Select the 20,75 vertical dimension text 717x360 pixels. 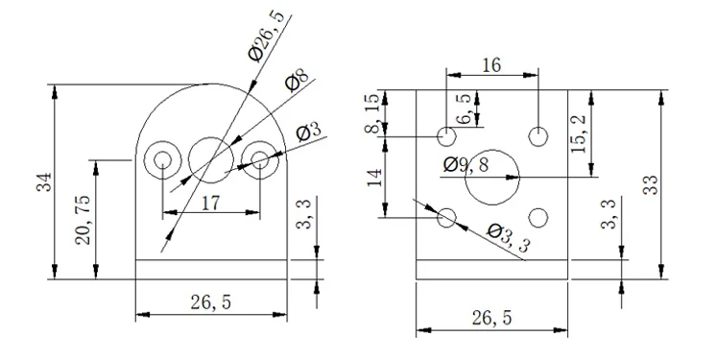[84, 220]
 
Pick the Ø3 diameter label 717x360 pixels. [309, 132]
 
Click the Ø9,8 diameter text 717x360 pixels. [466, 164]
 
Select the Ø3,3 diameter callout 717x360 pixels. [508, 236]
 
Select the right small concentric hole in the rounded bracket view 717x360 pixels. [259, 159]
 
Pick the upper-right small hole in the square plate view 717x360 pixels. [538, 136]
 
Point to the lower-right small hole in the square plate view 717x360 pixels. [538, 218]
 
